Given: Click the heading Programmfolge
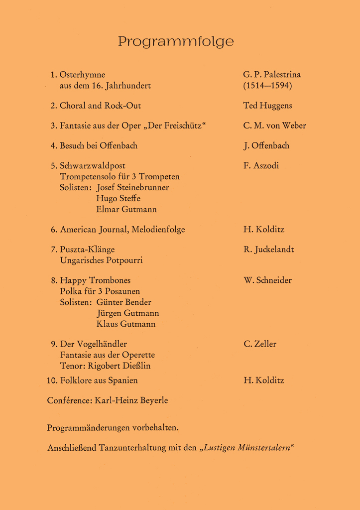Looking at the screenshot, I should tap(176, 42).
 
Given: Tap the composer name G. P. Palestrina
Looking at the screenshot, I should tap(272, 75).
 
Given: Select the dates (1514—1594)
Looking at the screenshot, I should tap(267, 86).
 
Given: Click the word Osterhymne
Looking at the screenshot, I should tap(82, 75).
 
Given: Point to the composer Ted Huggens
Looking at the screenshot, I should tap(267, 106).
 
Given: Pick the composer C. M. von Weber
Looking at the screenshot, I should tap(274, 126).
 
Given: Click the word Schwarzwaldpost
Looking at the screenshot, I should tap(93, 166).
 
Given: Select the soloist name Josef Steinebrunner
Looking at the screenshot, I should tap(132, 188).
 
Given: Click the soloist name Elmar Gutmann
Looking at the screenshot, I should tap(126, 210).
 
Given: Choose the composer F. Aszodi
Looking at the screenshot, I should tap(261, 166).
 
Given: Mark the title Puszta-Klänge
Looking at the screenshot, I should tap(87, 250).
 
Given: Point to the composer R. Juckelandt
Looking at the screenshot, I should tap(268, 250).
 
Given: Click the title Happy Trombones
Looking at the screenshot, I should tap(95, 280).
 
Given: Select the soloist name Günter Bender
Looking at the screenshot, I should tap(123, 302).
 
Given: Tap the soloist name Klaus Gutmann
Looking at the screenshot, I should tap(125, 324).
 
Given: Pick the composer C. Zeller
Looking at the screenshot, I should tap(260, 344).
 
